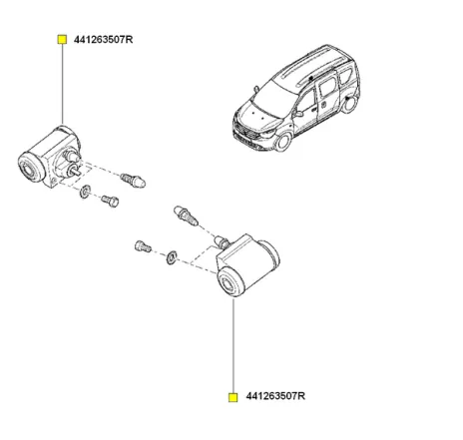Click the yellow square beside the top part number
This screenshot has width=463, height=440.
tap(62, 40)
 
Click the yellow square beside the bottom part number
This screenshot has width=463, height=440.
tap(232, 396)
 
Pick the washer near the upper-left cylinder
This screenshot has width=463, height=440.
tap(85, 191)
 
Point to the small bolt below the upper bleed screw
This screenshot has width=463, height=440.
tap(109, 201)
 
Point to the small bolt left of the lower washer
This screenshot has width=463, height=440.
tap(142, 245)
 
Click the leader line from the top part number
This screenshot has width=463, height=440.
tap(62, 90)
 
